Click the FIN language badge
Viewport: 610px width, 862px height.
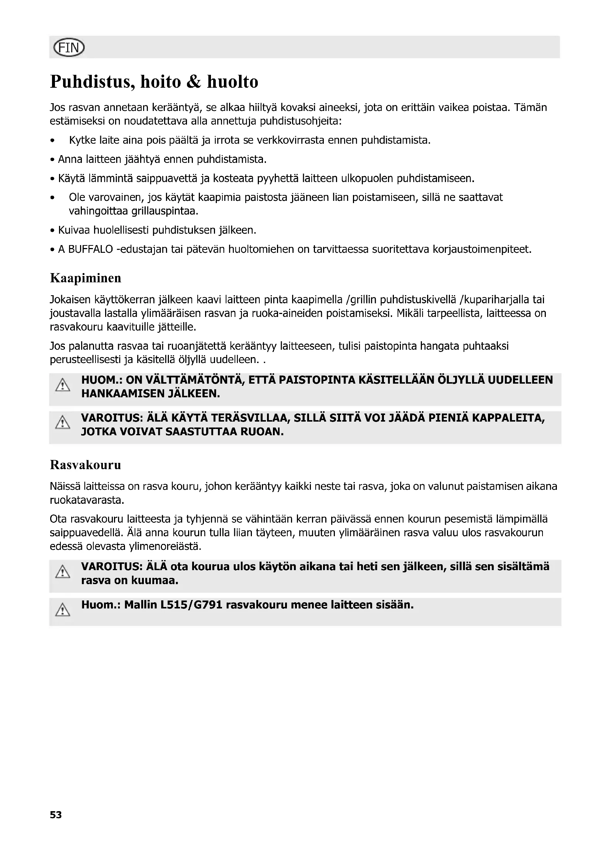[x=69, y=48]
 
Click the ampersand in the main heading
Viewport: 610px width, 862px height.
[x=194, y=82]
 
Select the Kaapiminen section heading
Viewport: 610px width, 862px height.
[x=86, y=278]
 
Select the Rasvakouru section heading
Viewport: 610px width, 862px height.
[x=86, y=465]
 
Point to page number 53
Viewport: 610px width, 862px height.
[x=56, y=815]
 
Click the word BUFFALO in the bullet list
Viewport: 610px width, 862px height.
[x=90, y=249]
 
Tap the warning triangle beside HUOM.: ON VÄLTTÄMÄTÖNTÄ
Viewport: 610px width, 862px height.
[x=63, y=385]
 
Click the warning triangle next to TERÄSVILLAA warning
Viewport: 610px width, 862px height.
[x=63, y=423]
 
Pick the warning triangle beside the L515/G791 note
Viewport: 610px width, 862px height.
[x=63, y=610]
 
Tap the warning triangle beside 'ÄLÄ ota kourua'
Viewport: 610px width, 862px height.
[x=63, y=572]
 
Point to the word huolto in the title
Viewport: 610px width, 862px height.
[x=232, y=82]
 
